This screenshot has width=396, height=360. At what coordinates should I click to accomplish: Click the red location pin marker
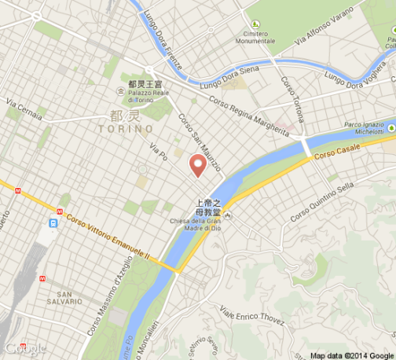(198, 164)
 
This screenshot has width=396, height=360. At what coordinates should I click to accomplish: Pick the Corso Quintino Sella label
(322, 201)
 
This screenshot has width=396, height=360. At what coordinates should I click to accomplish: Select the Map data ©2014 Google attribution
(350, 354)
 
